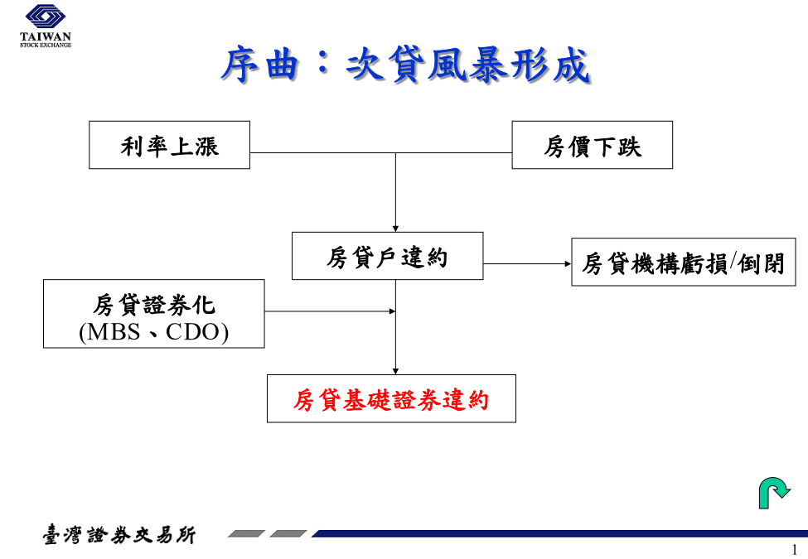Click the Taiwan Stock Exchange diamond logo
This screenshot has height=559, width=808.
click(x=46, y=17)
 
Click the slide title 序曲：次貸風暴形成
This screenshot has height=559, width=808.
click(x=405, y=65)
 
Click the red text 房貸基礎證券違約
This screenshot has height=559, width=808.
click(x=391, y=401)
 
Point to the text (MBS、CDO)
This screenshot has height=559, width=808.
click(x=153, y=332)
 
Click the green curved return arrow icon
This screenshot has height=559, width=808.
click(x=774, y=493)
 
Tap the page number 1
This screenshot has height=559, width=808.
click(x=794, y=550)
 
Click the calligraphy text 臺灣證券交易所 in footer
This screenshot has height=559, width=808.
click(x=119, y=535)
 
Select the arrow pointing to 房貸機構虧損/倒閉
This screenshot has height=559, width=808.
click(x=527, y=264)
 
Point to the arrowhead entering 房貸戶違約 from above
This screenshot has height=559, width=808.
click(x=395, y=229)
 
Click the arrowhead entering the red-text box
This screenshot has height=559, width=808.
click(x=395, y=372)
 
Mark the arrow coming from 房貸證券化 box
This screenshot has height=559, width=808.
click(x=330, y=311)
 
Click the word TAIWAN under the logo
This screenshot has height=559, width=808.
click(x=46, y=36)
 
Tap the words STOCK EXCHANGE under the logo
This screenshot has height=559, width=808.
click(x=46, y=46)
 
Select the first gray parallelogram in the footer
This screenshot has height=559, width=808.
click(x=246, y=534)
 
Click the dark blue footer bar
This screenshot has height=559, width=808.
click(x=559, y=534)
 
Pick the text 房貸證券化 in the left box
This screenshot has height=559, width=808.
click(x=153, y=306)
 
